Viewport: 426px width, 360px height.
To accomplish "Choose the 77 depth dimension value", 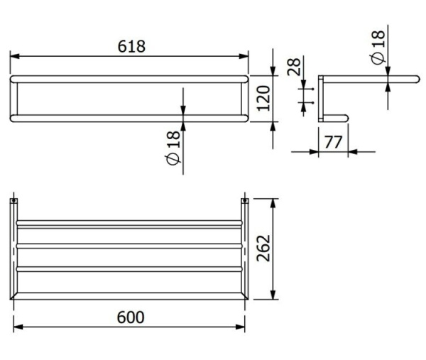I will [x=332, y=141].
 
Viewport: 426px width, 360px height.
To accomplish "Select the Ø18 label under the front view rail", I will [x=173, y=150].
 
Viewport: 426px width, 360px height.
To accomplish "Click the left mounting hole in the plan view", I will [x=16, y=202].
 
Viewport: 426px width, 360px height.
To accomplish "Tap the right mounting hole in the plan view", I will [x=246, y=202].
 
